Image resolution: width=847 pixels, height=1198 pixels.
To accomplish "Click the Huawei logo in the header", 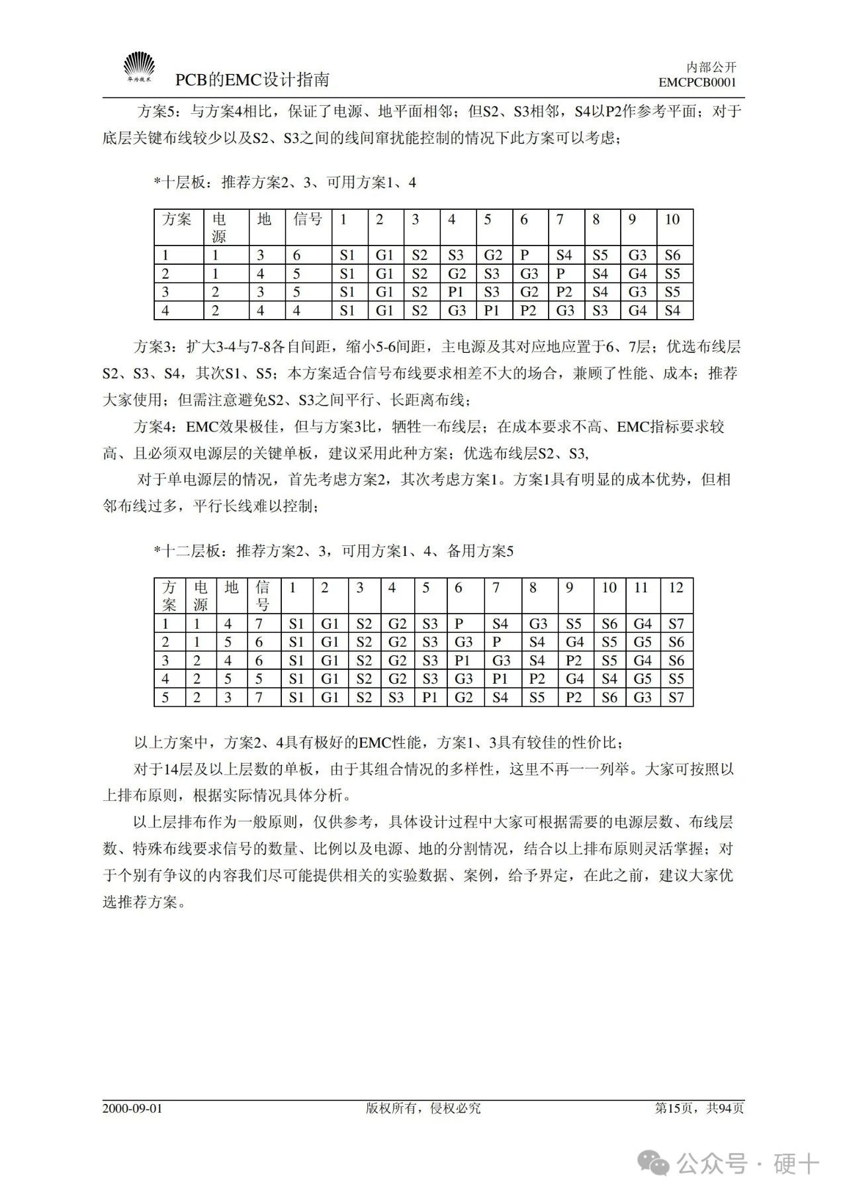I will tap(139, 68).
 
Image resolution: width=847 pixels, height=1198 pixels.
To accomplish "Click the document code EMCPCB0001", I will tap(697, 83).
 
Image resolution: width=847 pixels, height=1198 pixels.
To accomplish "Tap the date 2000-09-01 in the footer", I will tap(132, 1108).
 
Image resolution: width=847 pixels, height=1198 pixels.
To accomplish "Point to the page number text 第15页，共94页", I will tap(699, 1108).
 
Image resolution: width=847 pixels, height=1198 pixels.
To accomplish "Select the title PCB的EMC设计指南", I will tap(252, 80).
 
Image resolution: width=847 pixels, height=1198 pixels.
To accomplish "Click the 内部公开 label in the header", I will tap(711, 67).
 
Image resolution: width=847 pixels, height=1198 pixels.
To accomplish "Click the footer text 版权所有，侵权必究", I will tap(423, 1108).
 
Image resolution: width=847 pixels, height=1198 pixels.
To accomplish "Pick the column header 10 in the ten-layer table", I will tap(672, 220).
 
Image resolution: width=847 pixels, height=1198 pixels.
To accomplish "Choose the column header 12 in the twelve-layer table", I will tap(676, 588).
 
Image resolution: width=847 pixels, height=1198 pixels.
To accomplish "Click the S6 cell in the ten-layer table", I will tap(672, 255).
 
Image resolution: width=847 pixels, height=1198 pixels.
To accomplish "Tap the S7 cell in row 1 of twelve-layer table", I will tap(676, 623).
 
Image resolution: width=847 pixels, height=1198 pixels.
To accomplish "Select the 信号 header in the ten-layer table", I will tap(308, 220).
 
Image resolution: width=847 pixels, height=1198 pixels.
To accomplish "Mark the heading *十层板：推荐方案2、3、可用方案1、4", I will tap(285, 183).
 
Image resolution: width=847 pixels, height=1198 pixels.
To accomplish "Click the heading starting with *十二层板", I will tap(334, 551).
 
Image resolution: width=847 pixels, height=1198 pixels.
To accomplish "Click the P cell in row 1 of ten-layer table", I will tap(525, 255).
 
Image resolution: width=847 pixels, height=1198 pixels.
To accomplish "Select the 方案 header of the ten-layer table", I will tap(177, 220).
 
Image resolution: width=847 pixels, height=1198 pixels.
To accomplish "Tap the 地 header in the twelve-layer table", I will tap(232, 588).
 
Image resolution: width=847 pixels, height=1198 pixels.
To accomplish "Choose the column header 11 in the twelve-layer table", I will tap(641, 588).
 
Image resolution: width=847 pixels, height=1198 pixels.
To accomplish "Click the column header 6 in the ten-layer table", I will tap(524, 220).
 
